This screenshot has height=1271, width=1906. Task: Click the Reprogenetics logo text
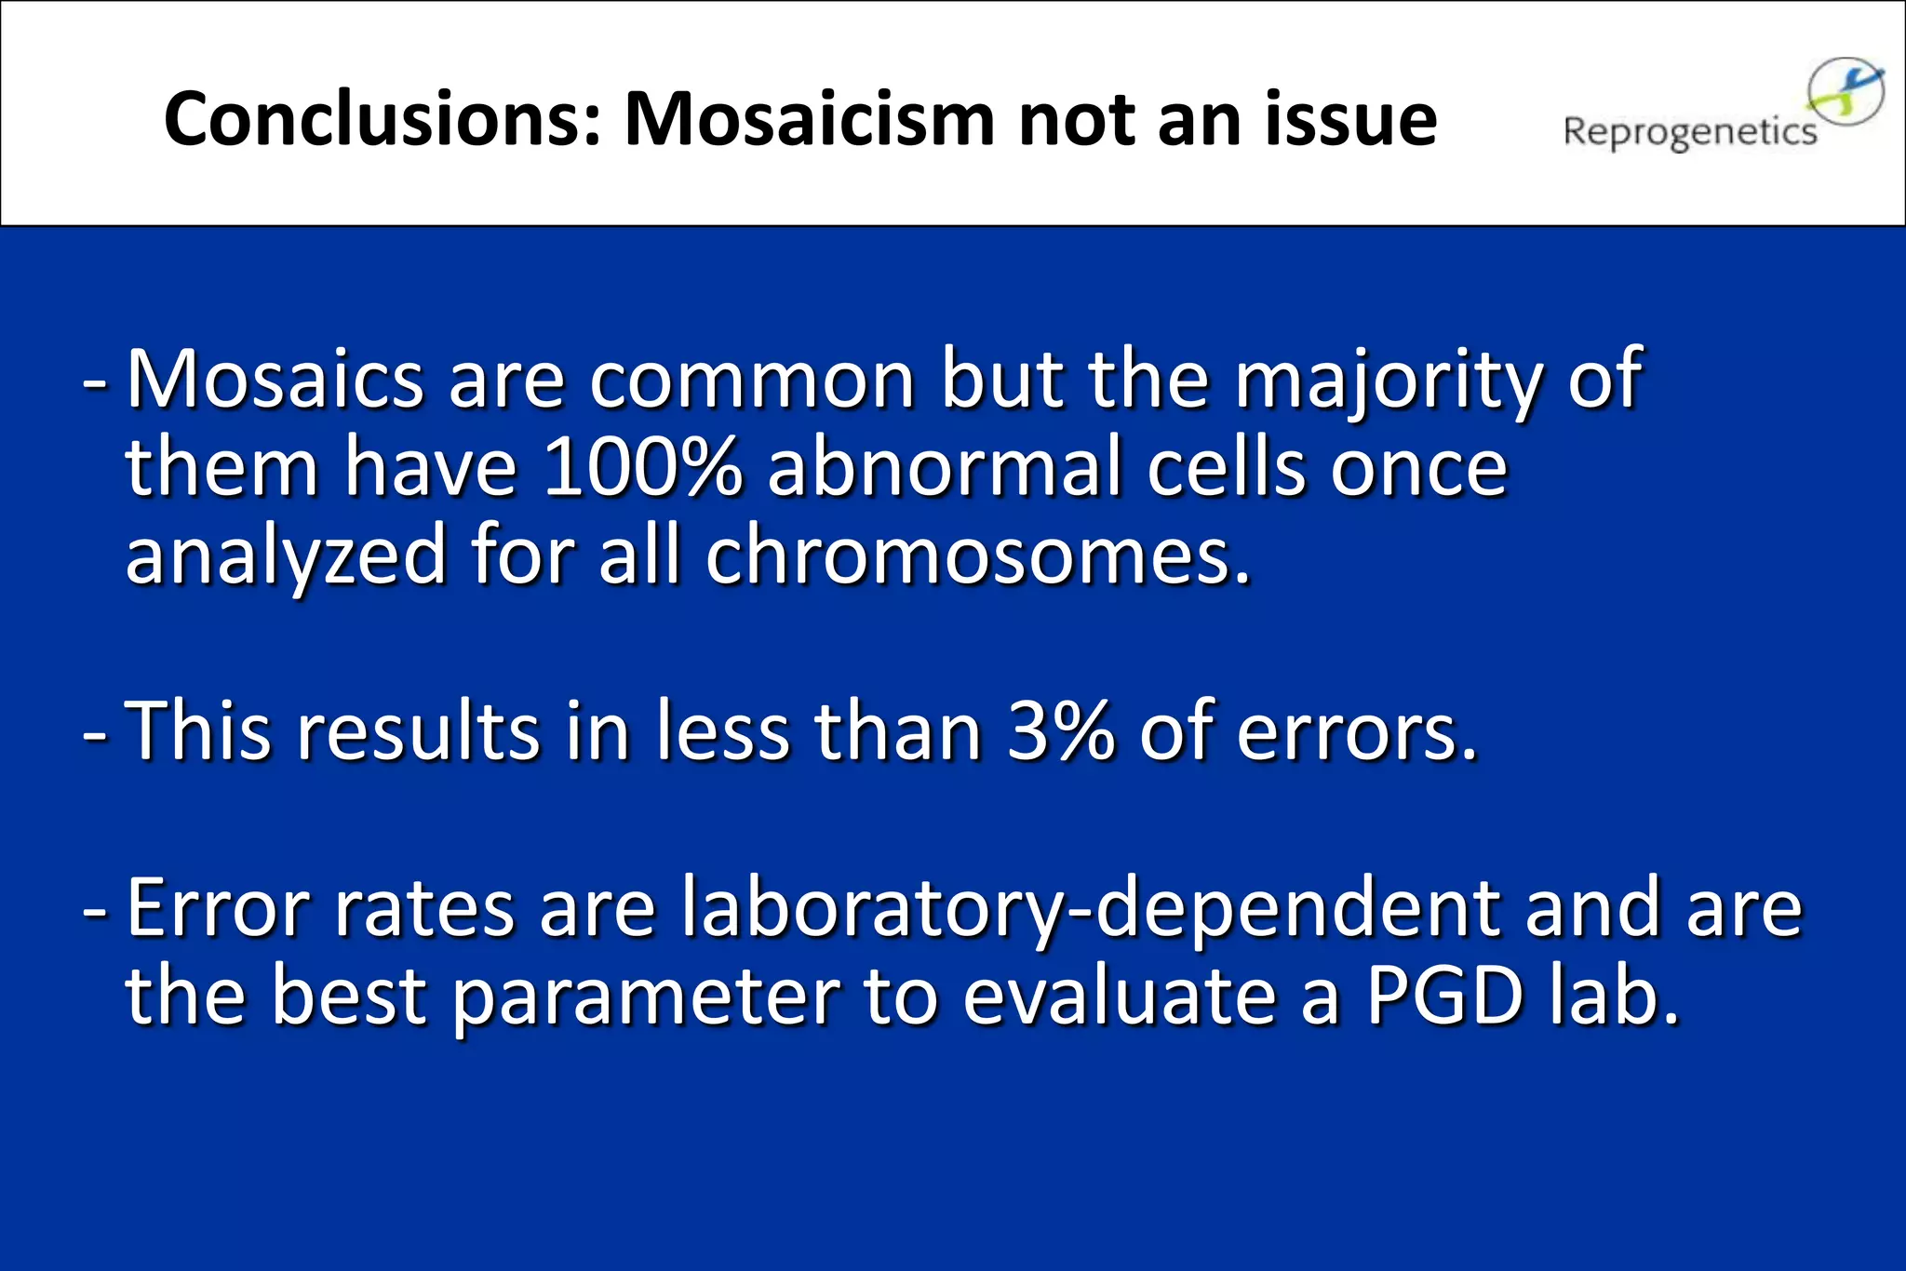tap(1689, 133)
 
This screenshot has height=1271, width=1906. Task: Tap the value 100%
tap(643, 467)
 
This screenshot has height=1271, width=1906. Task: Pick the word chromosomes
tap(977, 556)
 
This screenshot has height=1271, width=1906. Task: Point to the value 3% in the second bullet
tap(1060, 731)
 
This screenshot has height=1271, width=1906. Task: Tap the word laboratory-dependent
tap(1090, 910)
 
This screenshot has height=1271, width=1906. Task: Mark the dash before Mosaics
tap(95, 381)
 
